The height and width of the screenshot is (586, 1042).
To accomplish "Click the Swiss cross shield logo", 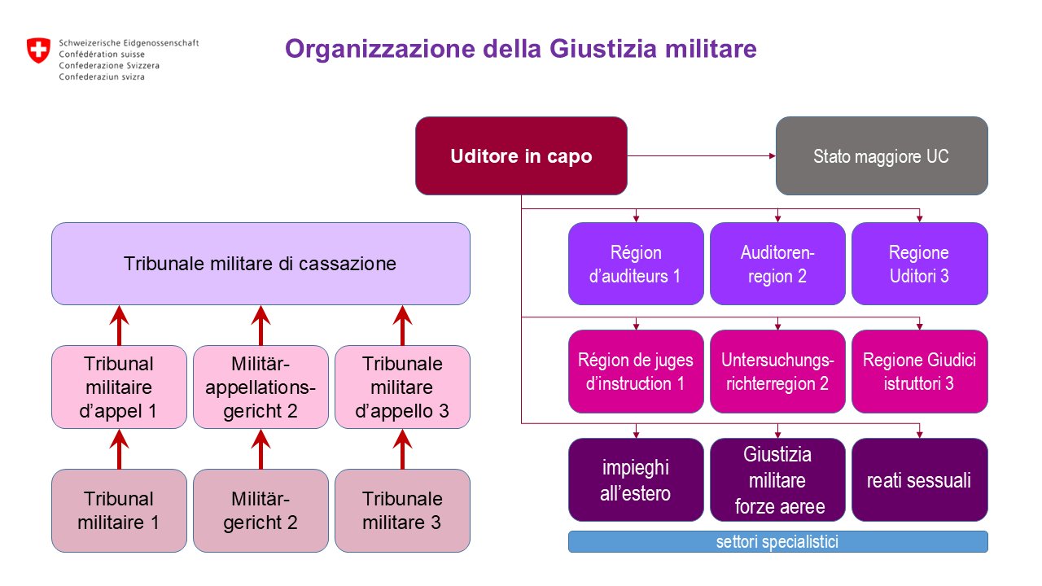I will pos(38,50).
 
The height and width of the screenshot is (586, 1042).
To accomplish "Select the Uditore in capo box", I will pos(521,156).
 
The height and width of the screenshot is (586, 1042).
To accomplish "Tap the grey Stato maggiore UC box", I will pos(881,156).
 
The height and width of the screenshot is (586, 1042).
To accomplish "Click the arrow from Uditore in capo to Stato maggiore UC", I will pos(700,155).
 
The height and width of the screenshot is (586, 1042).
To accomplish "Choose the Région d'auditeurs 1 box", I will pos(635,264).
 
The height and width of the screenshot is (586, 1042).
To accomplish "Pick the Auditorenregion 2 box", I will pos(777,264).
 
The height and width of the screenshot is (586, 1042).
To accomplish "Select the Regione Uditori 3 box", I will pos(919,264).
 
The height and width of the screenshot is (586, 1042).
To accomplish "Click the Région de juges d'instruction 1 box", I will pos(635,371).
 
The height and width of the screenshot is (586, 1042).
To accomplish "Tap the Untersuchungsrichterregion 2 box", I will pos(777,371).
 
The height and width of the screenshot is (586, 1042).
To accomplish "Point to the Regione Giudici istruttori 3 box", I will pos(919,371).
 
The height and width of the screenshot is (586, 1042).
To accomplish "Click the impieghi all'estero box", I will pos(635,480).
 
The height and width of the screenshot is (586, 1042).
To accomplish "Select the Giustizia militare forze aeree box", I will pos(777,480).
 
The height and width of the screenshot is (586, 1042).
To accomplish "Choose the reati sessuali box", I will pos(919,480).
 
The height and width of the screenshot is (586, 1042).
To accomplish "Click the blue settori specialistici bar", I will pos(777,542).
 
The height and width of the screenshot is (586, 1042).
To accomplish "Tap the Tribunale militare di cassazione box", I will pos(260,264).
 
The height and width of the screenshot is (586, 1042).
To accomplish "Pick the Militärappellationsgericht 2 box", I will pos(260,387).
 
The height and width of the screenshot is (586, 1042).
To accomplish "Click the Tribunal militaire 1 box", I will pos(119,510).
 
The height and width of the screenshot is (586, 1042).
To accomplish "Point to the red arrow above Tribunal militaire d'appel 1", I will pos(120,325).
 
